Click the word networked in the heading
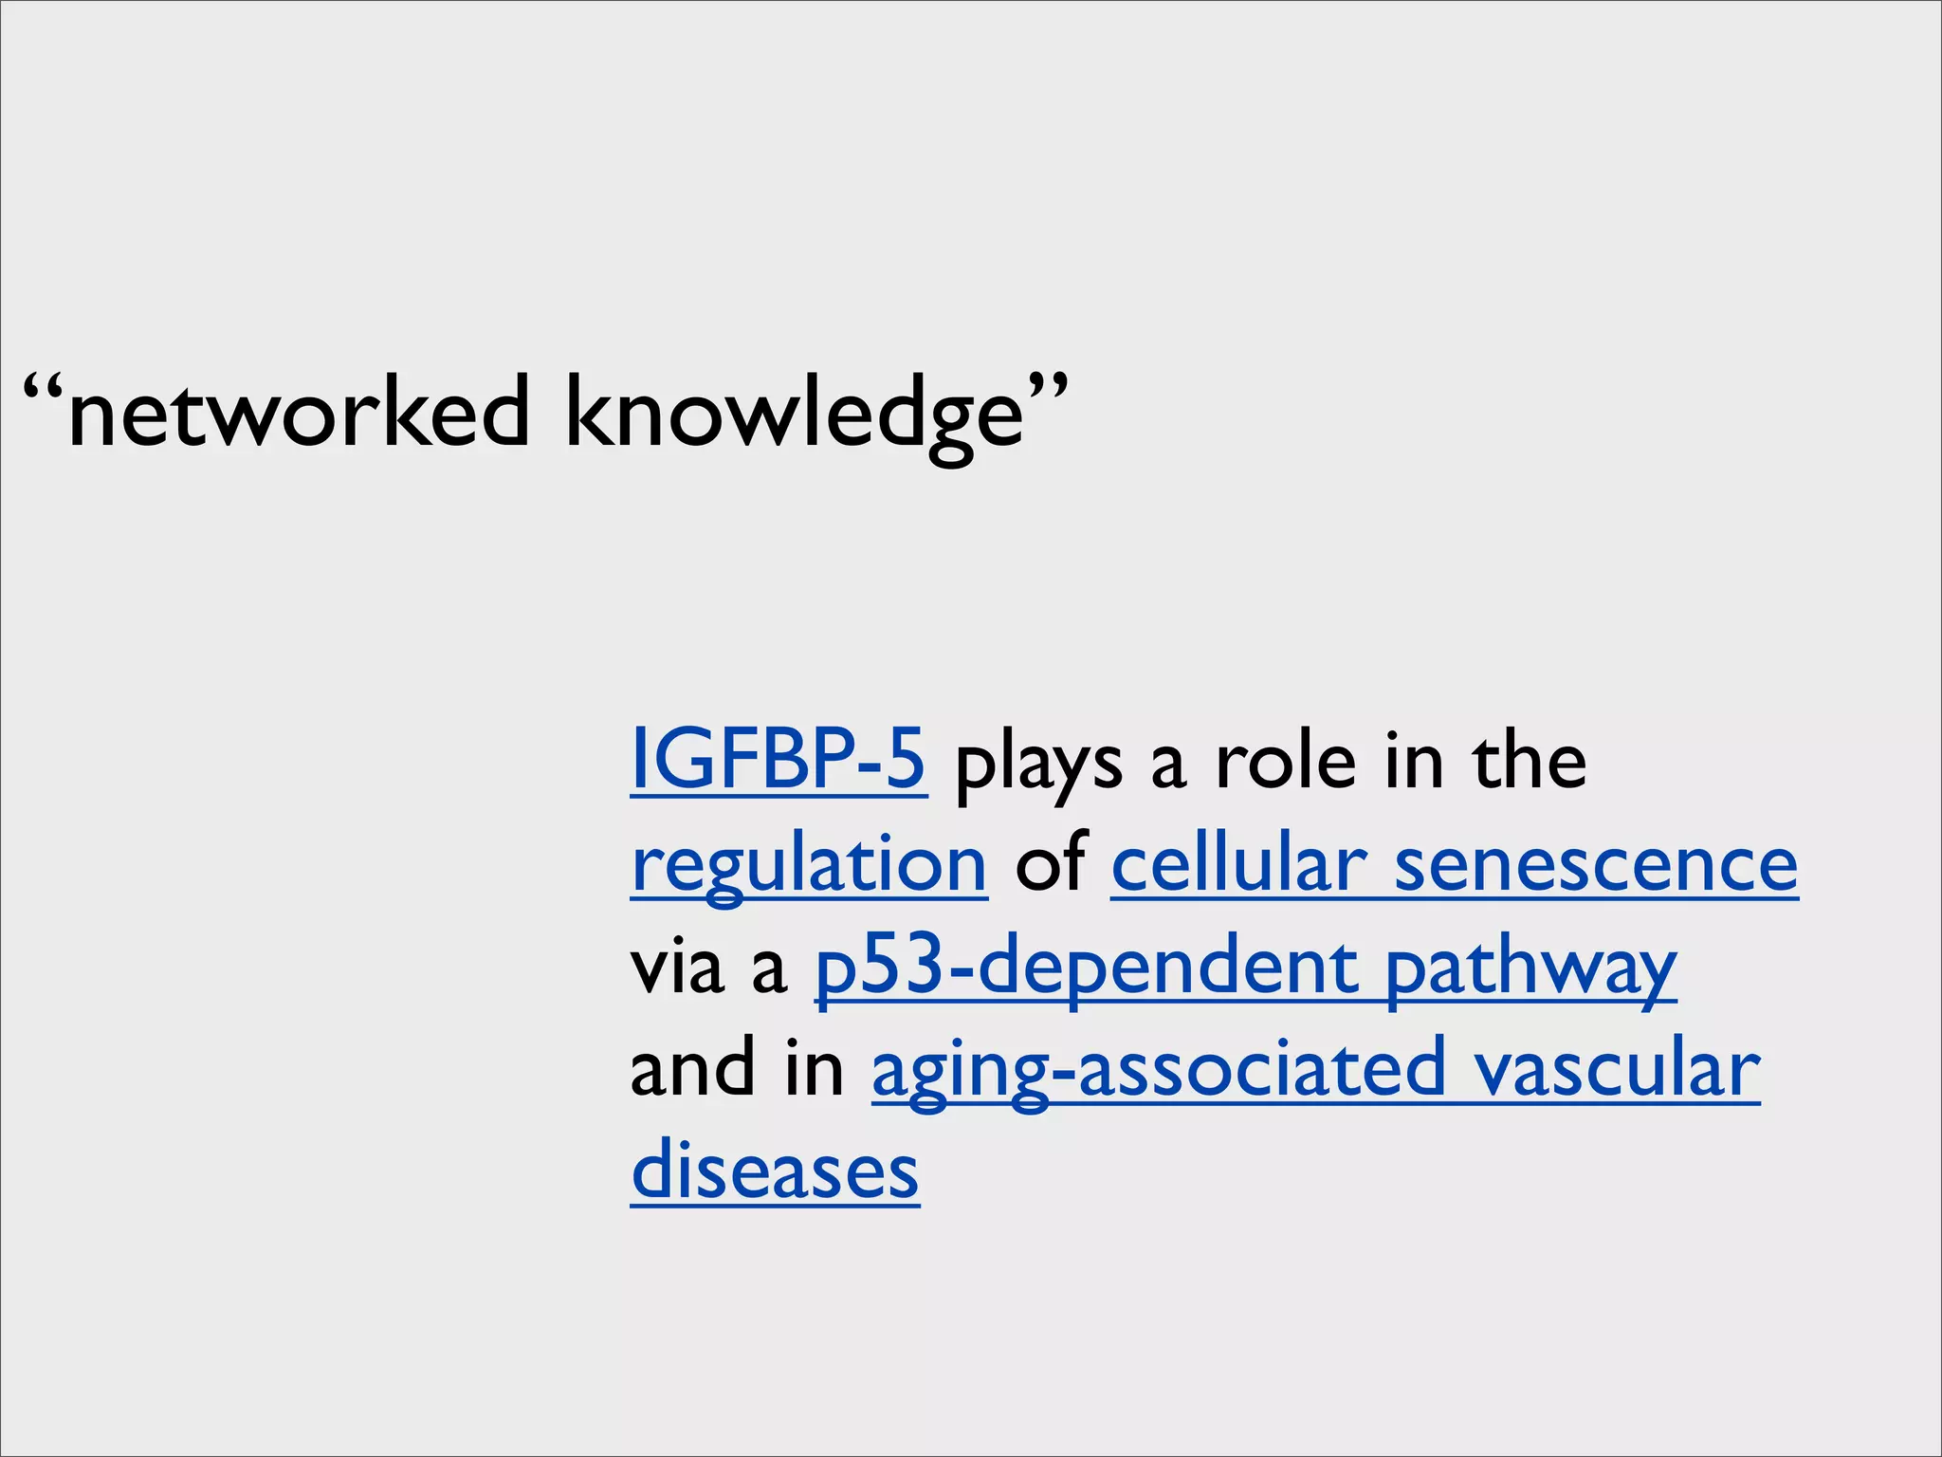[299, 413]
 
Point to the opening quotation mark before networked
[44, 389]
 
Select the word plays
[1038, 765]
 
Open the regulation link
[809, 865]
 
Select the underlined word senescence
[1596, 865]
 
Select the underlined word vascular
[1617, 1070]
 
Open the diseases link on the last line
[775, 1171]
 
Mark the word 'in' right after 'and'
[815, 1068]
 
